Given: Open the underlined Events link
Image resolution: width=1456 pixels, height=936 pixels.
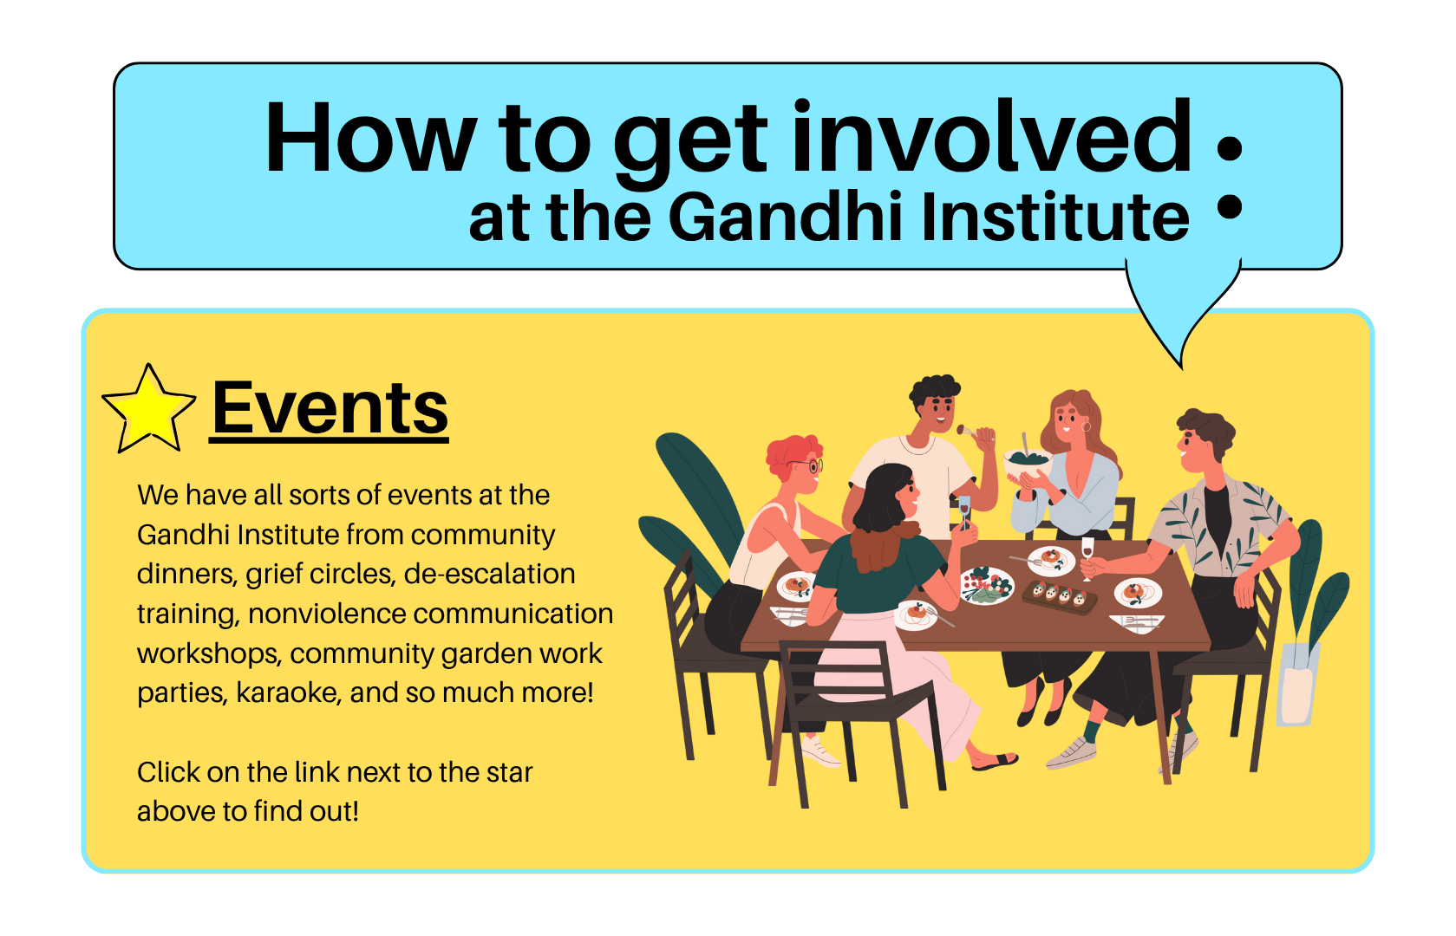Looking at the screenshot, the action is click(330, 409).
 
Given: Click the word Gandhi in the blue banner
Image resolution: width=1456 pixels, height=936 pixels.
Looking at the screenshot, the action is click(789, 216).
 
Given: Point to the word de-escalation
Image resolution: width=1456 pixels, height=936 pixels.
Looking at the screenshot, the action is click(489, 574).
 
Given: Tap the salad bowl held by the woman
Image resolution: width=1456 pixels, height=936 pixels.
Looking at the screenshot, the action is click(1027, 463).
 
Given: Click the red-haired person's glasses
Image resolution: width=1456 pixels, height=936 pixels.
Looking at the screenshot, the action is click(806, 465).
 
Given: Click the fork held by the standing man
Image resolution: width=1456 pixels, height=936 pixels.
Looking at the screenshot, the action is click(974, 432).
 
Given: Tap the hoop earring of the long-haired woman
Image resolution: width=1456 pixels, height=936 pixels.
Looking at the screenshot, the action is click(1086, 426).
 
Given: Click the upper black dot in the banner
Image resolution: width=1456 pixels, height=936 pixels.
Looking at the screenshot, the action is click(1229, 147).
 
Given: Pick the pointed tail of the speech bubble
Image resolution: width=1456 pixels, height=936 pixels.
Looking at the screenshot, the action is click(1181, 367).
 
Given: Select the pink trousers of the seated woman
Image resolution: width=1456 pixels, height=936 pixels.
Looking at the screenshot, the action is click(896, 682).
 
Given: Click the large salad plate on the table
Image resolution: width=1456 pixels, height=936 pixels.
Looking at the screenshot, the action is click(987, 585).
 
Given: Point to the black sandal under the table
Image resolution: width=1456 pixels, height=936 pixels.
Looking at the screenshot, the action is click(996, 761).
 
